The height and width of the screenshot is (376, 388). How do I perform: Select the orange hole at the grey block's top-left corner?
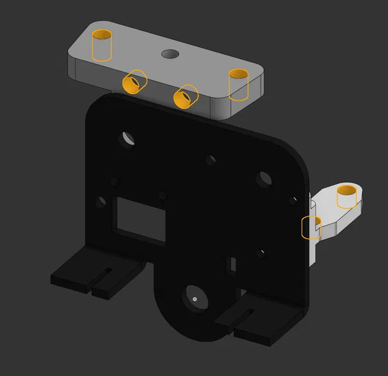[x=102, y=45]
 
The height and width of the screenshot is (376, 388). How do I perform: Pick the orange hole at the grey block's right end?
[x=239, y=84]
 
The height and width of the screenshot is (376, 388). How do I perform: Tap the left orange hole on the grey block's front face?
[x=136, y=82]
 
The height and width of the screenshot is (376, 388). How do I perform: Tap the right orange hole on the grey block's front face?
[x=186, y=96]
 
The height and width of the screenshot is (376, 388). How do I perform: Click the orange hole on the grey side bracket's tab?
[x=347, y=197]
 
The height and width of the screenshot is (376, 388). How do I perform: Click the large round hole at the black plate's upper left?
[x=128, y=138]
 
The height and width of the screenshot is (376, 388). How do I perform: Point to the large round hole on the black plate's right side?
[x=264, y=179]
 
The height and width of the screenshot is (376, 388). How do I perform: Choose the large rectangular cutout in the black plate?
[x=140, y=220]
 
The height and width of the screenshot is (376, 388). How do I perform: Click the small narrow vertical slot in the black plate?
[x=231, y=265]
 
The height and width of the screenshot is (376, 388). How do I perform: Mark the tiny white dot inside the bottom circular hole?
[x=195, y=298]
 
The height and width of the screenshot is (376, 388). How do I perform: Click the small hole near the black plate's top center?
[x=210, y=160]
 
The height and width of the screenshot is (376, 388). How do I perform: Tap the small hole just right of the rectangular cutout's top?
[x=162, y=196]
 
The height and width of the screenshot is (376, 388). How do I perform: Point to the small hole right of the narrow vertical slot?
[x=260, y=253]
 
